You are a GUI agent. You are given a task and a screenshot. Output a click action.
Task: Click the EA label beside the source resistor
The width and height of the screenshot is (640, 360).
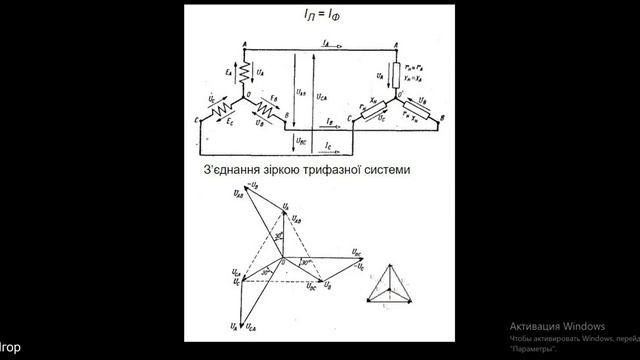[231, 72]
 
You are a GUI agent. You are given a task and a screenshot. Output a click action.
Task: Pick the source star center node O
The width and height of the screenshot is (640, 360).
[246, 98]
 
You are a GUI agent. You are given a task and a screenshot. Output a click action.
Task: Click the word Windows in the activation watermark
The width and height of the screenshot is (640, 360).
[583, 327]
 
